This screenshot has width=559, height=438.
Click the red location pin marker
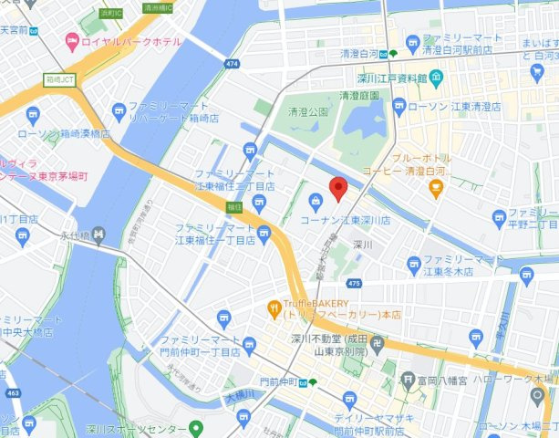click(338, 188)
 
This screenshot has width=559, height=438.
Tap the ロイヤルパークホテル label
click(131, 40)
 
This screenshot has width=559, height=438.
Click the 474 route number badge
click(232, 64)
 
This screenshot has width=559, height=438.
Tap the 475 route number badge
click(354, 285)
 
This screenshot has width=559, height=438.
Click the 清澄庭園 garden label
click(358, 95)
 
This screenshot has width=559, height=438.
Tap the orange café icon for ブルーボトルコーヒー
click(435, 189)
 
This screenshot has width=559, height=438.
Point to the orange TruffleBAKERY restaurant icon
click(273, 308)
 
